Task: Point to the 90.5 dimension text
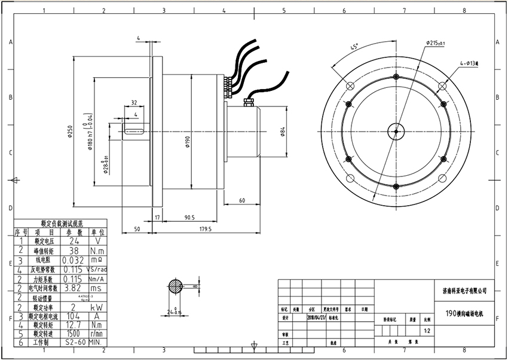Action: click(x=191, y=218)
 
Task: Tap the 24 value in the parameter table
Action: click(x=74, y=241)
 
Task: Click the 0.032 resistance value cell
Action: click(x=74, y=261)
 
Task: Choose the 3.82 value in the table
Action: click(x=74, y=288)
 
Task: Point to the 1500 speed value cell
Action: click(x=74, y=334)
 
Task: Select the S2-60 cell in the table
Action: click(x=74, y=343)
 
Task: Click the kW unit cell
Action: click(x=97, y=306)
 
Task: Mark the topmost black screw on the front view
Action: click(x=396, y=77)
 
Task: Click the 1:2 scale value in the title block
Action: click(x=427, y=330)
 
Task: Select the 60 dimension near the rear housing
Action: click(x=242, y=200)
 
